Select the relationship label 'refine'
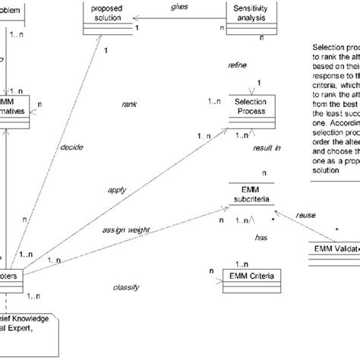[x=238, y=66]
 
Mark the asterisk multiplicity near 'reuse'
[x=336, y=227]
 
